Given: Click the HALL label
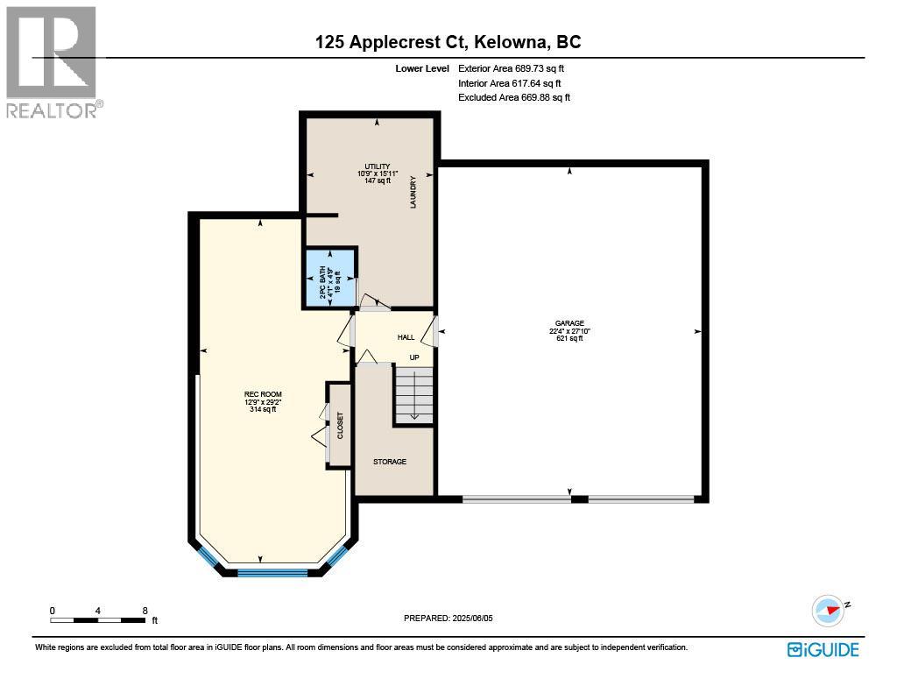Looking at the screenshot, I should (406, 336).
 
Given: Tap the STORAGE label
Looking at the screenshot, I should (390, 462).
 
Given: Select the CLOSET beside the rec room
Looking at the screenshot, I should (339, 425).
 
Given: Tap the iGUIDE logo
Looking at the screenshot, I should (823, 649).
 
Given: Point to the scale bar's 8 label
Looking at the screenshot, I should (145, 610).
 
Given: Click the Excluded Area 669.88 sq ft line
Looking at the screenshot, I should (514, 98).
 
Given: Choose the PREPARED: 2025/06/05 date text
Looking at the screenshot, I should (448, 618).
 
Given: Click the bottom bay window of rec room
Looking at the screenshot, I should (272, 573).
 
